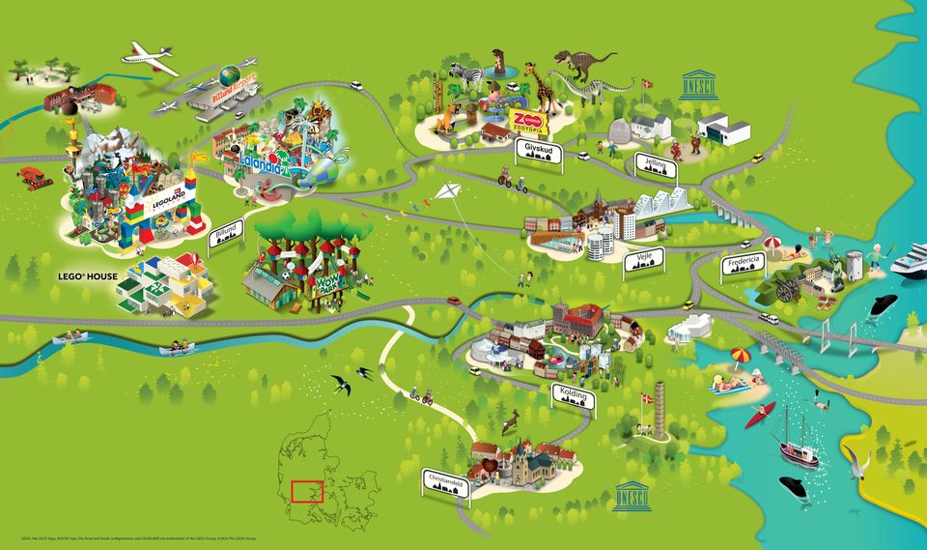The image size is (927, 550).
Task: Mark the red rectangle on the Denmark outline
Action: (x=306, y=491)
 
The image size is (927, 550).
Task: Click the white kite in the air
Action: (x=446, y=191)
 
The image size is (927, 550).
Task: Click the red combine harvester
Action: (x=34, y=177)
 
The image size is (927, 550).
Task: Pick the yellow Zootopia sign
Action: (x=528, y=122)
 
